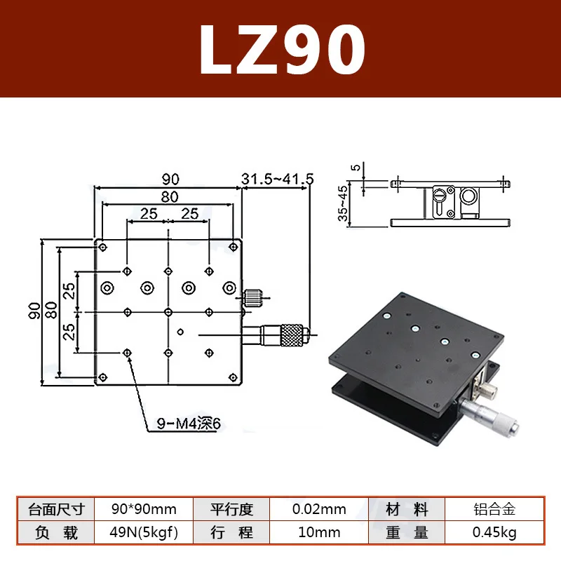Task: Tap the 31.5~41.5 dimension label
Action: click(278, 180)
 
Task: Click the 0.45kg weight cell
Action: click(494, 532)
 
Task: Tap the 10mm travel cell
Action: click(319, 532)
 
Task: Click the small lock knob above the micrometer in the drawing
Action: click(254, 298)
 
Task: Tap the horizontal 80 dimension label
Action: click(169, 197)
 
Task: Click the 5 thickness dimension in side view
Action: click(356, 168)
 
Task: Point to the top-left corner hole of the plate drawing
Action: click(103, 248)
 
